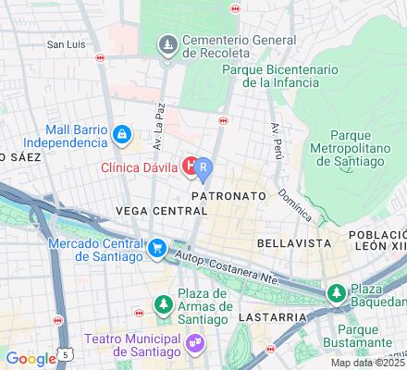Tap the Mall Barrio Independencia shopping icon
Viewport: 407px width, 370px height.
pos(121,136)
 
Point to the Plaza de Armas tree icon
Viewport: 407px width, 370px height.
pos(163,303)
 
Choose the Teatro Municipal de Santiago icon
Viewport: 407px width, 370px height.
pos(195,342)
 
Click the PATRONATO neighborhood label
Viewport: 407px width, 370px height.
pos(228,197)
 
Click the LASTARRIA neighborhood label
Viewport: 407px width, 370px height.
pos(277,316)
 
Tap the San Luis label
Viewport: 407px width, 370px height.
pos(68,43)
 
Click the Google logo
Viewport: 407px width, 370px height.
pos(31,360)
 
